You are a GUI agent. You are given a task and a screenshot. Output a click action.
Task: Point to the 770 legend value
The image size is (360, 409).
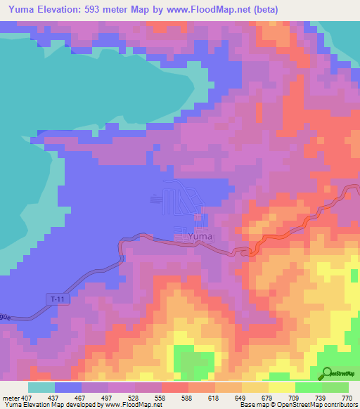coord(347,397)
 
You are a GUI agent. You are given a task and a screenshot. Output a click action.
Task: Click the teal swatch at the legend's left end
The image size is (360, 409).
coord(41,387)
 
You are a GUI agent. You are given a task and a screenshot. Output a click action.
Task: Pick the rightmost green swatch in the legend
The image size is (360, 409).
coord(335,387)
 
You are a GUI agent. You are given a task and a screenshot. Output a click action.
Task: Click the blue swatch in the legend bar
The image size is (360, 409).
coord(67,387)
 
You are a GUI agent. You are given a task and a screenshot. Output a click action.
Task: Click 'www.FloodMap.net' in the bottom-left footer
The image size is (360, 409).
coord(133,405)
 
